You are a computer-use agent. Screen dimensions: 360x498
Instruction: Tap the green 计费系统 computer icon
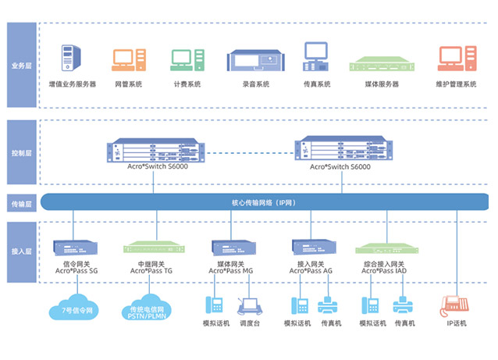point(186,59)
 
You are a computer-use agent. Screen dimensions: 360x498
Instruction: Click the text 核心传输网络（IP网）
point(261,202)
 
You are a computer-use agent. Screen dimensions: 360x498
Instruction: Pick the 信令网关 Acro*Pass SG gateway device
point(75,248)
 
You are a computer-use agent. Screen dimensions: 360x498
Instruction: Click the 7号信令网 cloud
point(77,306)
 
